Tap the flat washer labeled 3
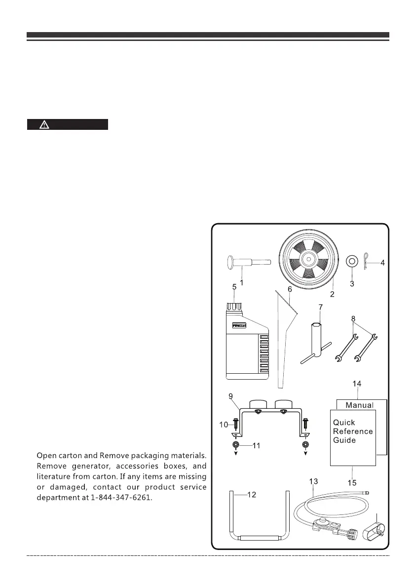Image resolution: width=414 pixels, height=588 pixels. click(x=351, y=260)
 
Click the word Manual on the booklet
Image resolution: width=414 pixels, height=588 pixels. click(x=359, y=405)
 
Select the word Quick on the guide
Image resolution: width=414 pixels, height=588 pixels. click(x=344, y=423)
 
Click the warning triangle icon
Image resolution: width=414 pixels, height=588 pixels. click(x=44, y=124)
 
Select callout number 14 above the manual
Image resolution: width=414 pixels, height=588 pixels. click(x=356, y=383)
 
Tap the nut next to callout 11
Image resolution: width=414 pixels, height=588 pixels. click(x=236, y=445)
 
